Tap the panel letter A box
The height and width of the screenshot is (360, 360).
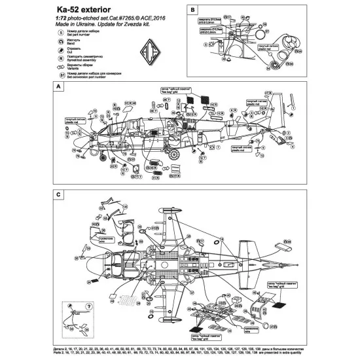(59, 88)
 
